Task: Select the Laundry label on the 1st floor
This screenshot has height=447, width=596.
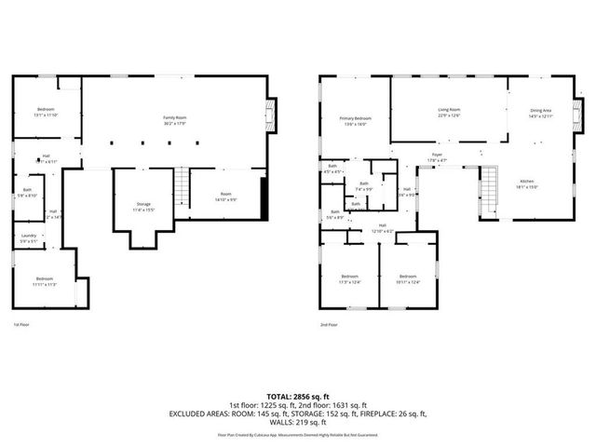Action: click(x=29, y=237)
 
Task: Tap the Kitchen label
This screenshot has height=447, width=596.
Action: click(x=527, y=183)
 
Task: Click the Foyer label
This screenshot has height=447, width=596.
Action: click(x=437, y=157)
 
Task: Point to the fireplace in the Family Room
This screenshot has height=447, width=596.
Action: click(x=271, y=115)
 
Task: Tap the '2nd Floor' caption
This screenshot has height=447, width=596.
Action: click(x=328, y=324)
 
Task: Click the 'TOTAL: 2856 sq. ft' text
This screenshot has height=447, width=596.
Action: click(x=297, y=396)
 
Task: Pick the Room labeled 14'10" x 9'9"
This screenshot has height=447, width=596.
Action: click(x=225, y=196)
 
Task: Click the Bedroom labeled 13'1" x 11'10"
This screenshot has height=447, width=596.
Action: click(x=46, y=112)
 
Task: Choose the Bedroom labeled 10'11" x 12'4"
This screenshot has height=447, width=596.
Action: click(x=408, y=278)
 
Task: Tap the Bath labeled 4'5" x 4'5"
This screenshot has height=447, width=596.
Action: click(x=332, y=169)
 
